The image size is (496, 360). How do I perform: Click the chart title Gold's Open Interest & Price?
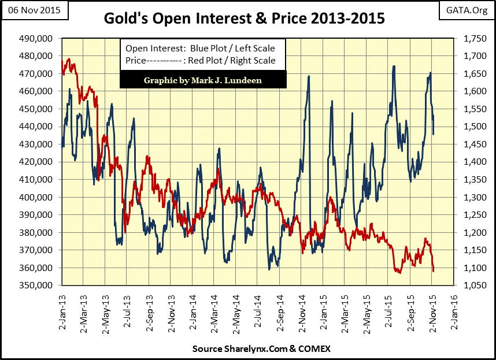click(243, 18)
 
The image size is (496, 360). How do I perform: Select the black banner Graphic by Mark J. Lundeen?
click(203, 80)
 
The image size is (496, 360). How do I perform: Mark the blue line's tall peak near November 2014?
click(309, 76)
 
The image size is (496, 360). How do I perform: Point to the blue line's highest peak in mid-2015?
click(394, 66)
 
